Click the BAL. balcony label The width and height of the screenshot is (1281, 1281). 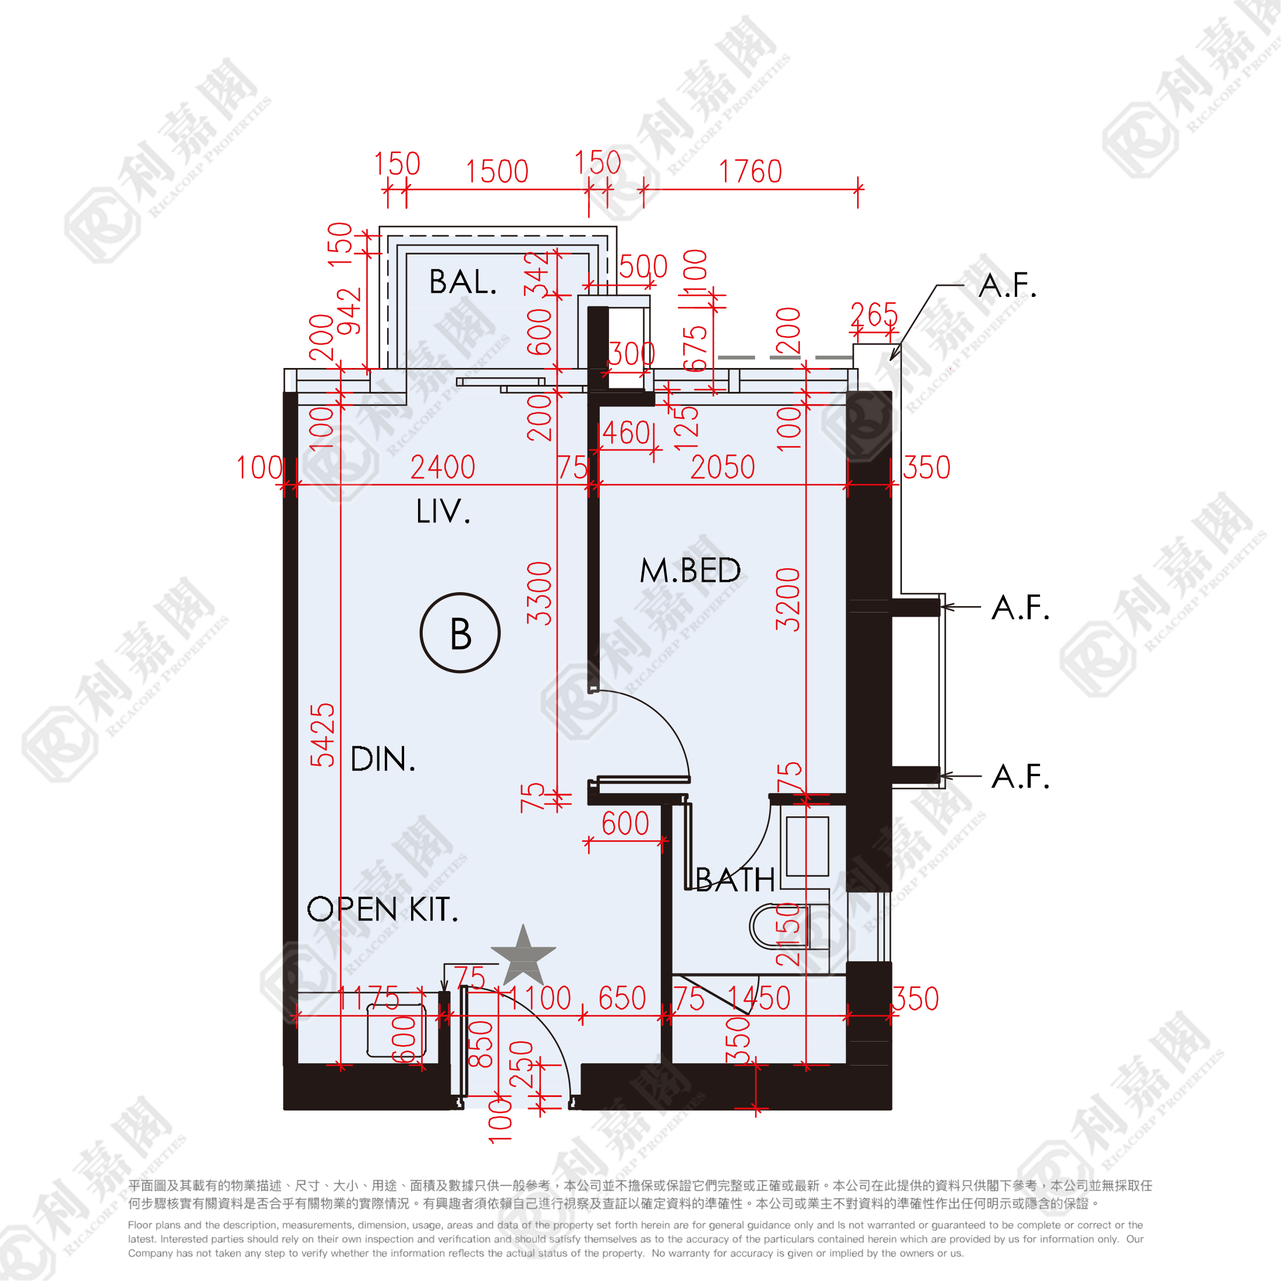[x=462, y=282]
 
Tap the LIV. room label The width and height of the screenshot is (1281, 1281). [x=443, y=511]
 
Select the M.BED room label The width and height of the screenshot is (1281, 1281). [x=689, y=570]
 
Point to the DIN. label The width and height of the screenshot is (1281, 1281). [x=383, y=759]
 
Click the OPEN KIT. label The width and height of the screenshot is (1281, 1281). [x=383, y=909]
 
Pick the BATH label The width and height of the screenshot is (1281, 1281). [x=735, y=880]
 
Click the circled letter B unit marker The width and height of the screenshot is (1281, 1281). [x=460, y=633]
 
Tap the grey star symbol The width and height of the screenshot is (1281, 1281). [x=523, y=957]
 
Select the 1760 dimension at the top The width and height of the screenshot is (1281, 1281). [x=751, y=172]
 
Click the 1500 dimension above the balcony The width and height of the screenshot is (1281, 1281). [x=497, y=172]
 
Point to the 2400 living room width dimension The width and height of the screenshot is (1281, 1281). [x=443, y=468]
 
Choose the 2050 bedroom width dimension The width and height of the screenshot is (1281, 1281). [x=723, y=468]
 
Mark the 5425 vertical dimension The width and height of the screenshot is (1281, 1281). [x=324, y=735]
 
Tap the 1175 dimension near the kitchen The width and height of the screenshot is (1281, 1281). [x=369, y=999]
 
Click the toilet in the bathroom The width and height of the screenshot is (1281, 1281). [x=783, y=926]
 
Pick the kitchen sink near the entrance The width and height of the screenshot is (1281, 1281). [x=397, y=1029]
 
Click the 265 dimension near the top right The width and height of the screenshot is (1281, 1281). [x=874, y=314]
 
